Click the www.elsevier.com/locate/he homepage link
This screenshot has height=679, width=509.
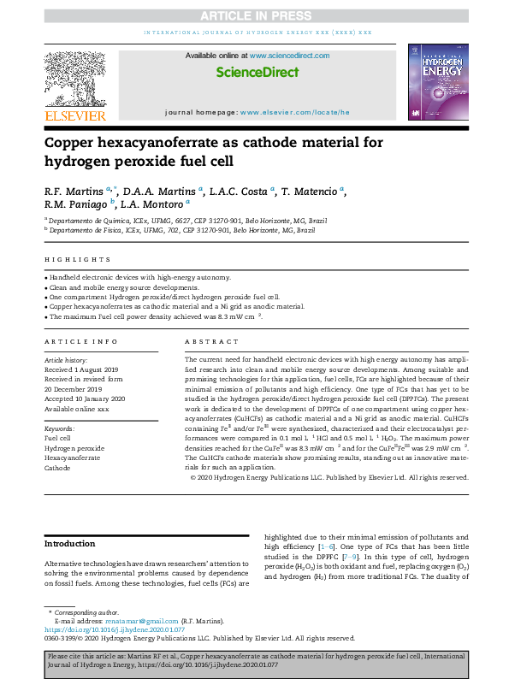click(x=294, y=113)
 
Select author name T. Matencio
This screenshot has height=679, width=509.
click(x=312, y=190)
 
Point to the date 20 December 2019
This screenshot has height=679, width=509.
click(x=76, y=386)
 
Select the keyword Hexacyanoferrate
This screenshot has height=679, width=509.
click(x=72, y=458)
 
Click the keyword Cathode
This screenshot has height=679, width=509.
click(x=57, y=468)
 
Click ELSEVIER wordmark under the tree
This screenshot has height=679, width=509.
click(x=75, y=115)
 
